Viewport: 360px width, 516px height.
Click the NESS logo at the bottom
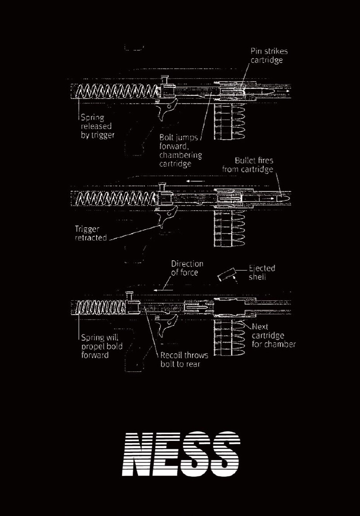pos(181,454)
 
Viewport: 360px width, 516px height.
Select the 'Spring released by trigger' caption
pos(97,126)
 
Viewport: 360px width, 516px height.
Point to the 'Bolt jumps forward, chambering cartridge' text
pos(180,150)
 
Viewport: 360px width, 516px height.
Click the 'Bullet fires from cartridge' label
pos(247,165)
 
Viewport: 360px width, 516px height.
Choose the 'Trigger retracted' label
pos(91,233)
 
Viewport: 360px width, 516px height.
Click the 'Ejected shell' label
pos(262,272)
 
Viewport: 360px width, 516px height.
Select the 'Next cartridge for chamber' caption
pos(274,335)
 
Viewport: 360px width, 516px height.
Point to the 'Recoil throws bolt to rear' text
pos(184,359)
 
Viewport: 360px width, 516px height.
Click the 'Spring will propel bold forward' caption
pos(102,346)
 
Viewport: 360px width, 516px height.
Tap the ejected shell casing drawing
pos(227,275)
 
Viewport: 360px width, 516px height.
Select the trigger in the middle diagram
pos(168,217)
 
